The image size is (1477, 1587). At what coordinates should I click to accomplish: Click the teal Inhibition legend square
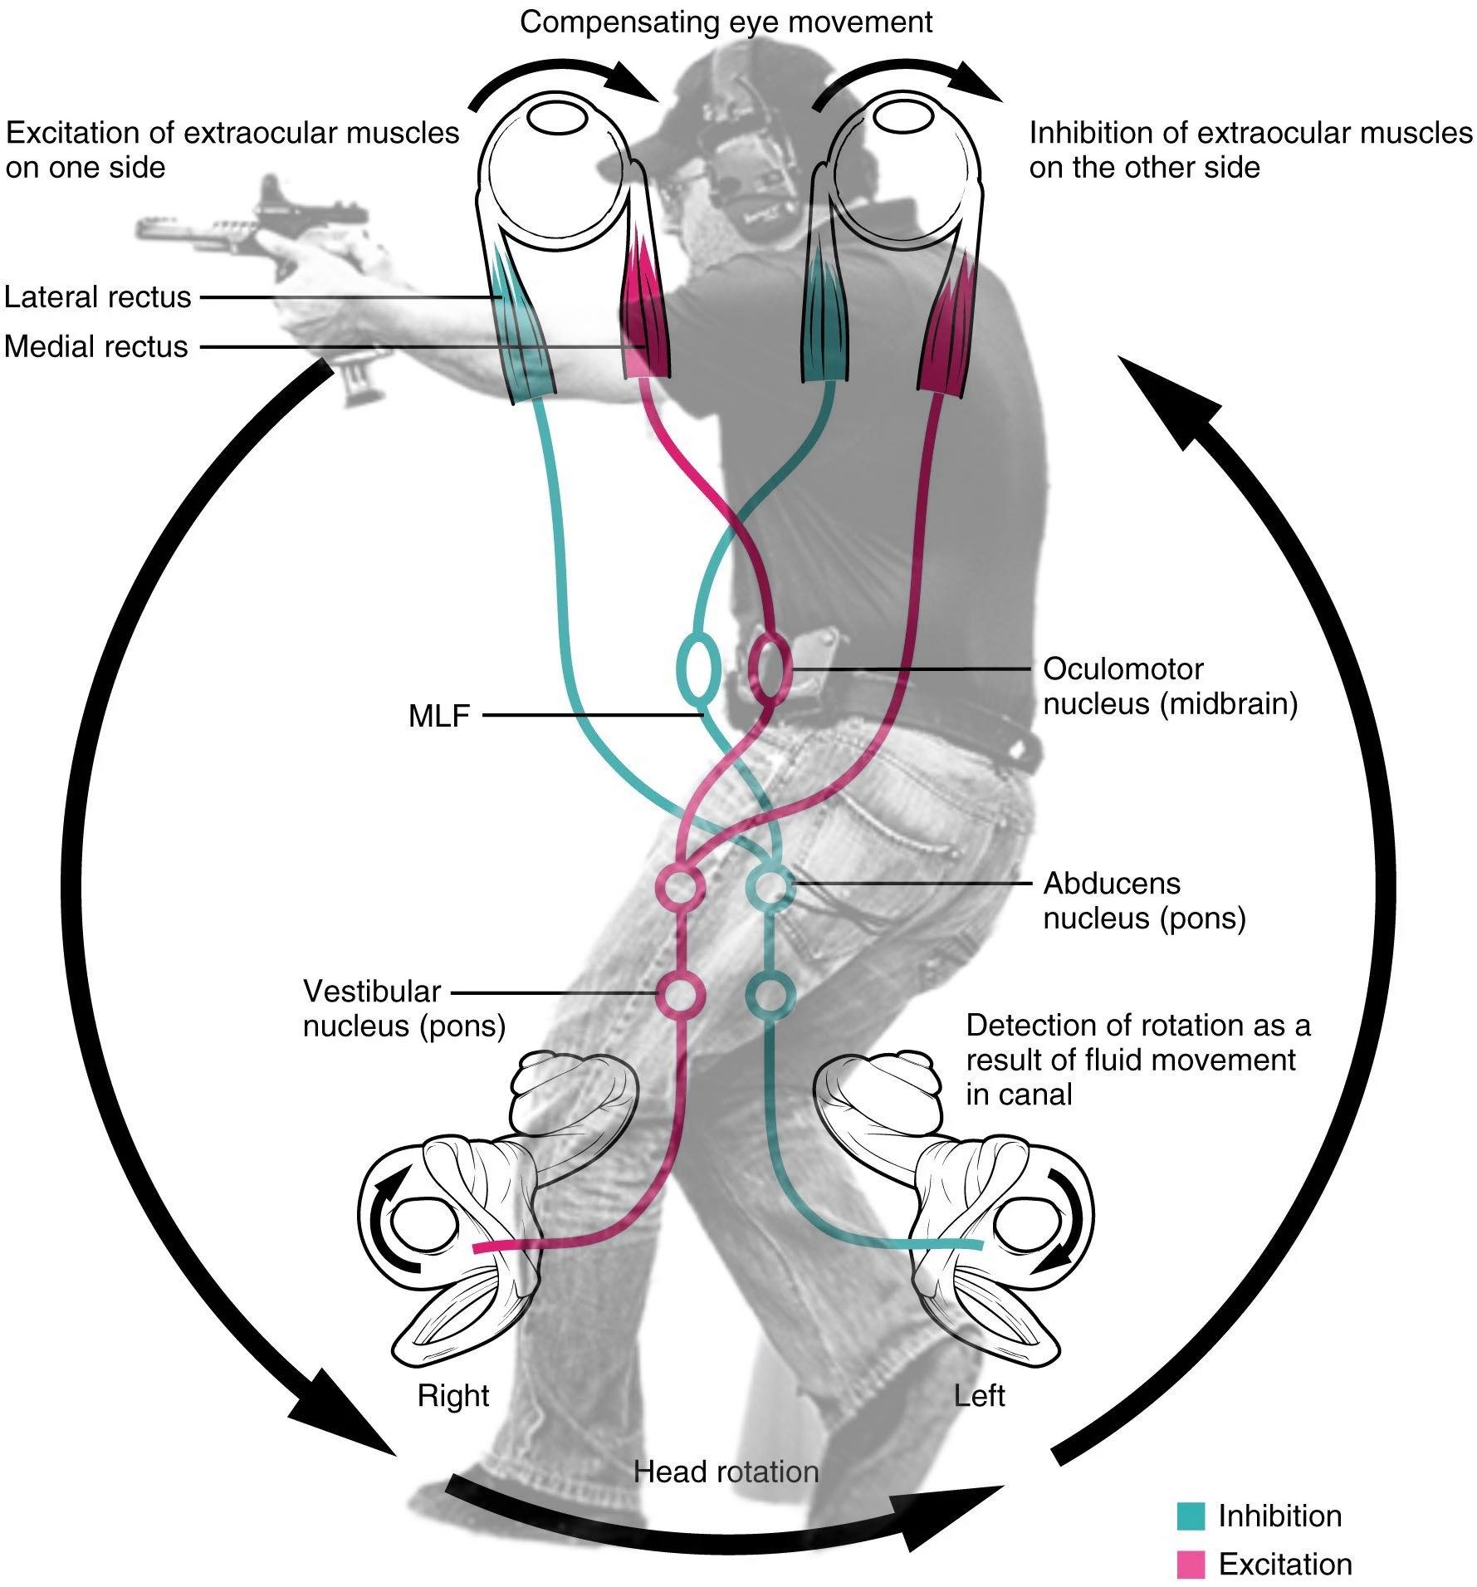pyautogui.click(x=1191, y=1516)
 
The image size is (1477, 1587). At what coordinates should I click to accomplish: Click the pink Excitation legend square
pyautogui.click(x=1191, y=1565)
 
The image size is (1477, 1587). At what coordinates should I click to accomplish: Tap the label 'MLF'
pyautogui.click(x=439, y=715)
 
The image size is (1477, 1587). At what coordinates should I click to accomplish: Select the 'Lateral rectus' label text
pyautogui.click(x=98, y=296)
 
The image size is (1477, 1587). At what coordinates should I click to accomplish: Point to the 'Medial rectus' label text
pyautogui.click(x=96, y=346)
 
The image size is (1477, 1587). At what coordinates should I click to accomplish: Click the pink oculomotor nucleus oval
pyautogui.click(x=769, y=668)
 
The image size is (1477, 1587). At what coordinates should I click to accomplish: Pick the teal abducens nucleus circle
pyautogui.click(x=771, y=887)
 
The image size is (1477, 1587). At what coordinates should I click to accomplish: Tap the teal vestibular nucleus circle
pyautogui.click(x=771, y=992)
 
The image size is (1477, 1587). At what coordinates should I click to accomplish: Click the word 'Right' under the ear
pyautogui.click(x=453, y=1395)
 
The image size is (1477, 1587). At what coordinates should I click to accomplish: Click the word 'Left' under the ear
pyautogui.click(x=980, y=1395)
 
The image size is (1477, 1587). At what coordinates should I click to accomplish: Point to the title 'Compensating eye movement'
pyautogui.click(x=726, y=22)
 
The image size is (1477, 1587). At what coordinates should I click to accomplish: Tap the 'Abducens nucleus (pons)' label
pyautogui.click(x=1144, y=900)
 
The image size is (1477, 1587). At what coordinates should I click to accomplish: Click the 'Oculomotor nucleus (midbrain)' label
pyautogui.click(x=1169, y=686)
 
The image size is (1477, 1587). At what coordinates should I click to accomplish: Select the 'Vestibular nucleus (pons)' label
pyautogui.click(x=403, y=1008)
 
